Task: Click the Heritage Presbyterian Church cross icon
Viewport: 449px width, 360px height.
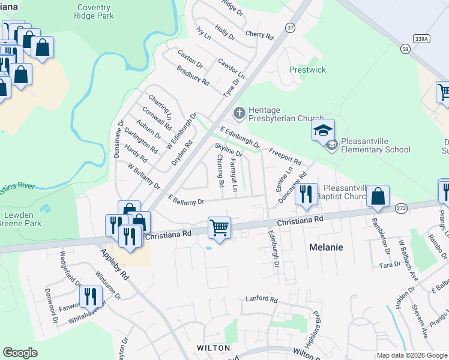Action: tap(239, 113)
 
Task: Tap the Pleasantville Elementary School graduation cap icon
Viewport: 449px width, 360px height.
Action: tap(322, 130)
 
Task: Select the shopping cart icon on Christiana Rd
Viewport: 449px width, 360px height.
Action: tap(220, 227)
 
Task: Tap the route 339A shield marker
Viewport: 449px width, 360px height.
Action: tap(422, 38)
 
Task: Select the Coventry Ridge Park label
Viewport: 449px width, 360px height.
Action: tap(95, 12)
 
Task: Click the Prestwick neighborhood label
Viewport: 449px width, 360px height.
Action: tap(307, 70)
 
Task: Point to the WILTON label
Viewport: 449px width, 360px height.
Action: tap(213, 348)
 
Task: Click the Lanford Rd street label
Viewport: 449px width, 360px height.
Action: tap(262, 299)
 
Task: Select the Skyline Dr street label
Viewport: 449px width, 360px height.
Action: tap(229, 150)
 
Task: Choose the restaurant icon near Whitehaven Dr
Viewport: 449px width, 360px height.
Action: tap(90, 296)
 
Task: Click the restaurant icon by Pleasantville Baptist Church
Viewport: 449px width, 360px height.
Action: tap(307, 194)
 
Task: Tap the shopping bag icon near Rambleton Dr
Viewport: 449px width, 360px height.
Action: tap(378, 196)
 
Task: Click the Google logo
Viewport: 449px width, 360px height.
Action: tap(20, 353)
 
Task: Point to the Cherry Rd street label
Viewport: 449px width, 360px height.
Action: tap(260, 35)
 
